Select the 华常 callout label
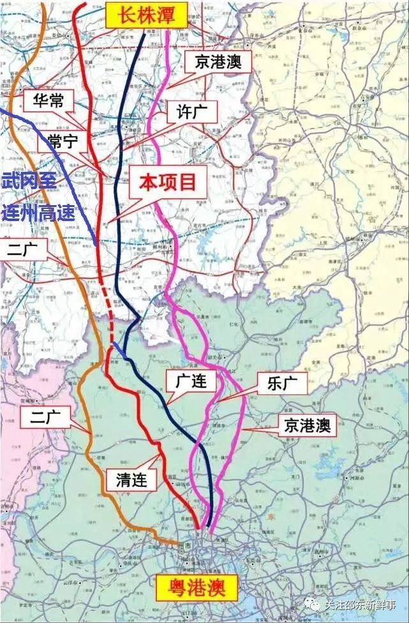[48, 100]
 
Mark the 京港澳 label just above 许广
[218, 62]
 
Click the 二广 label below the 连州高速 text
[24, 249]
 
